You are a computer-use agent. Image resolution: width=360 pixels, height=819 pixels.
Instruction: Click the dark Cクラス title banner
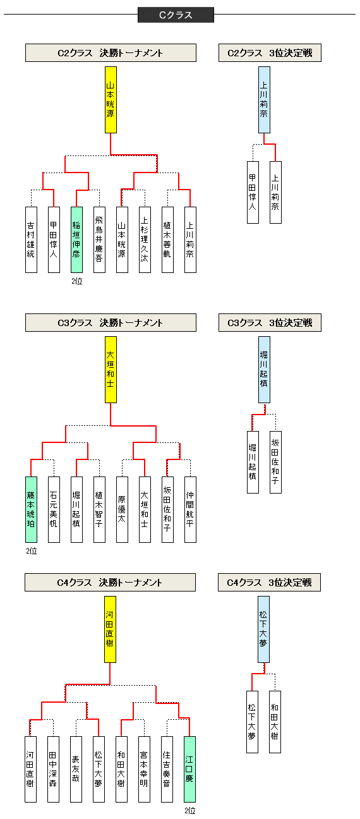point(176,15)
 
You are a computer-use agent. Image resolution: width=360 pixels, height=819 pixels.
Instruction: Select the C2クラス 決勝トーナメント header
point(111,53)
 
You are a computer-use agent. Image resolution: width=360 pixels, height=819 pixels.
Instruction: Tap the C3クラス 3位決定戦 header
point(270,323)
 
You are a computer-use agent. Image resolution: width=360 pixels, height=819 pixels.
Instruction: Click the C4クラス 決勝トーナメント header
point(111,583)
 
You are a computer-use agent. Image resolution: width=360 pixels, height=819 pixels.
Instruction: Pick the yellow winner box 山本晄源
point(111,100)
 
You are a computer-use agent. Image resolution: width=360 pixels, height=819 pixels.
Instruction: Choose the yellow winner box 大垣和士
point(111,370)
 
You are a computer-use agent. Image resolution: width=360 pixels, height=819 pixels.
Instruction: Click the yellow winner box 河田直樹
point(110,629)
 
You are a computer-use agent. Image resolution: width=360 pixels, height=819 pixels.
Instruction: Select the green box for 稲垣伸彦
point(76,240)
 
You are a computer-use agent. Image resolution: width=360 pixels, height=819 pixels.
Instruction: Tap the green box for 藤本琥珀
point(31,509)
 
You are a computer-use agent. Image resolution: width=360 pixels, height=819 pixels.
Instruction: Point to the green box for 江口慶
point(189,769)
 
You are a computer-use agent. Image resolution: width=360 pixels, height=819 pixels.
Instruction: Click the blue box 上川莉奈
point(264,100)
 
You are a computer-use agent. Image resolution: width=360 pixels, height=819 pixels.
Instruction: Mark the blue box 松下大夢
point(263,629)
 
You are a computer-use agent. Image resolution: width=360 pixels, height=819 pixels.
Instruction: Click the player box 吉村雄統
point(31,240)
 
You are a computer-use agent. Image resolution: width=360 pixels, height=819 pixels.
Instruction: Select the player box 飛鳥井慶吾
point(99,240)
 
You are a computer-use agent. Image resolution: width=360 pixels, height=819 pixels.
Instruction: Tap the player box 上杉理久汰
point(145,240)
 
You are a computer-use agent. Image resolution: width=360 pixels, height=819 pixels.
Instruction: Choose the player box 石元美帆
point(54,509)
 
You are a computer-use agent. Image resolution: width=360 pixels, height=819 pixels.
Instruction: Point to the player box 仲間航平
point(190,509)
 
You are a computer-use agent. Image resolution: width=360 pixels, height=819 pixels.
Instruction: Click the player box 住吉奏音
point(167,769)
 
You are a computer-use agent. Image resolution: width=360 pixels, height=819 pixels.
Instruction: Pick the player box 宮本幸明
point(144,769)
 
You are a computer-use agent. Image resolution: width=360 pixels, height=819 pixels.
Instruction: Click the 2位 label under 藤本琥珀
point(32,551)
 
